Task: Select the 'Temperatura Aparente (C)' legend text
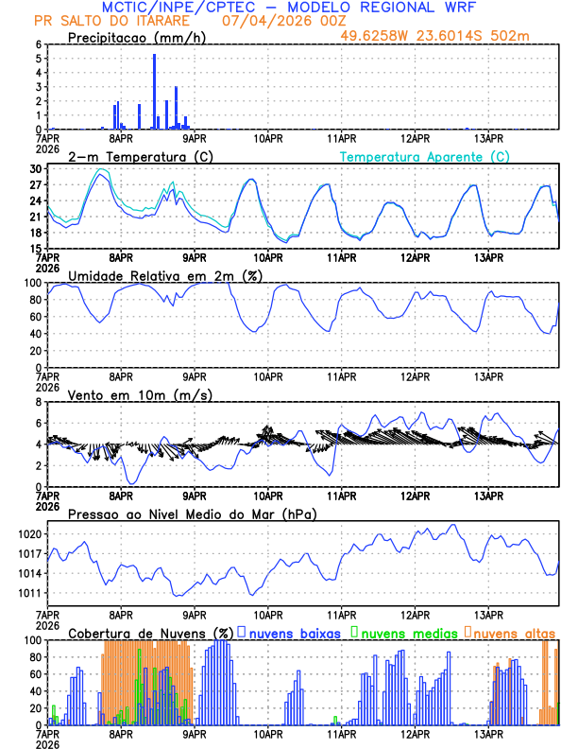pos(425,156)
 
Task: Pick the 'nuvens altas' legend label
pos(514,632)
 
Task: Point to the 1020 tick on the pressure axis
pos(31,534)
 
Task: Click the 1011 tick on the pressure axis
pos(31,594)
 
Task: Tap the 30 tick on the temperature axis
pos(36,169)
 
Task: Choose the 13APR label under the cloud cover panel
pos(488,733)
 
